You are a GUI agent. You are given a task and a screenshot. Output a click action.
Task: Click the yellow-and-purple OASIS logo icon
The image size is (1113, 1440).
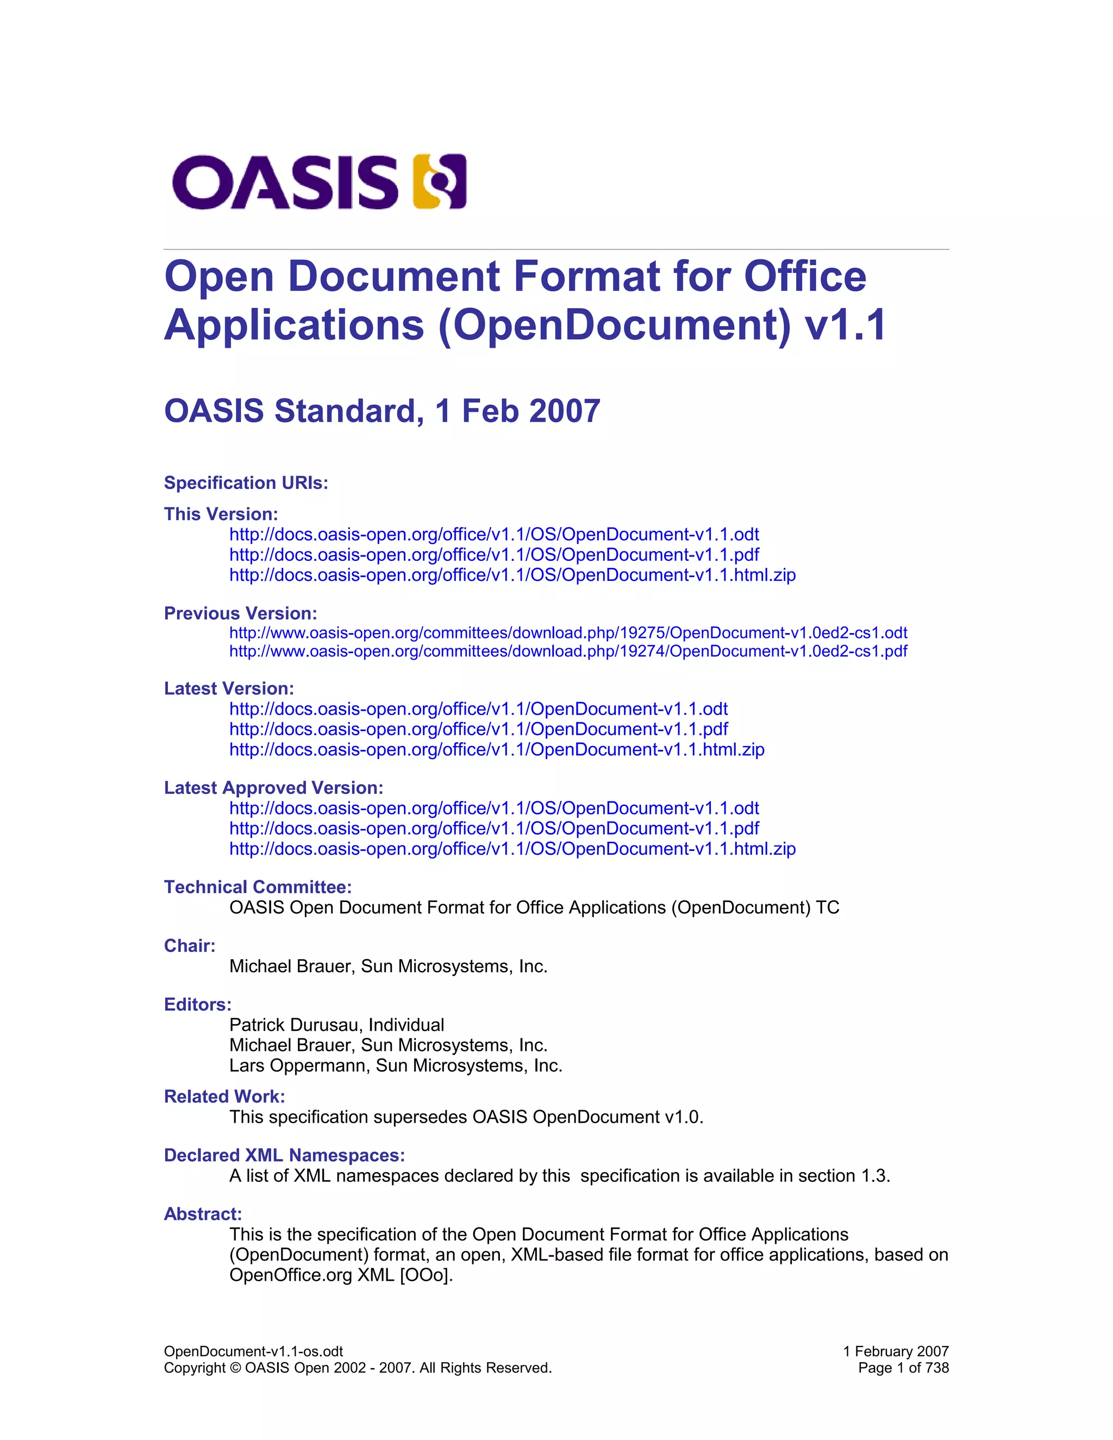(439, 181)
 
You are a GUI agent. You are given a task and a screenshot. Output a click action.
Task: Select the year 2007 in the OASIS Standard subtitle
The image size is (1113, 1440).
(565, 411)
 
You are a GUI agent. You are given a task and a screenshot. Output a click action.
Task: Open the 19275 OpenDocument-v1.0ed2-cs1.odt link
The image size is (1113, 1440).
(568, 633)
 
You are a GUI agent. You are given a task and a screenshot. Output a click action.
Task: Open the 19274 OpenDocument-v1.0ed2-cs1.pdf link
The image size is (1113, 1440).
(568, 652)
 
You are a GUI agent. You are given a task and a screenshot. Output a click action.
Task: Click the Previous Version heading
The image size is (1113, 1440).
(241, 614)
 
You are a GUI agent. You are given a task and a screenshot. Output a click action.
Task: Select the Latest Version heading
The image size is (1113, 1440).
(229, 688)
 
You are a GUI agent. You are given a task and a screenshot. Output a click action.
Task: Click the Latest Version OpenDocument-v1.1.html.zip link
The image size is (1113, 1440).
(497, 750)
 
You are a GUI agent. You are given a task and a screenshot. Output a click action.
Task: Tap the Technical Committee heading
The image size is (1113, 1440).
(258, 887)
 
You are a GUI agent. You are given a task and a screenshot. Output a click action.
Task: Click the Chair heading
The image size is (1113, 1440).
(190, 946)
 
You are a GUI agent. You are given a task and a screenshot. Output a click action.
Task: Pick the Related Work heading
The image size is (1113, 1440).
(224, 1097)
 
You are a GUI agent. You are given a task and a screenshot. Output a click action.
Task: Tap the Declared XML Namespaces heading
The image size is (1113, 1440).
(284, 1156)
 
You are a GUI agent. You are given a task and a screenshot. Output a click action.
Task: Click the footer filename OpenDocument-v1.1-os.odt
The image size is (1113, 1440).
(253, 1351)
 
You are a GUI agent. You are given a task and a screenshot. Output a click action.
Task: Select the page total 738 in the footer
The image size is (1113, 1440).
(937, 1368)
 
